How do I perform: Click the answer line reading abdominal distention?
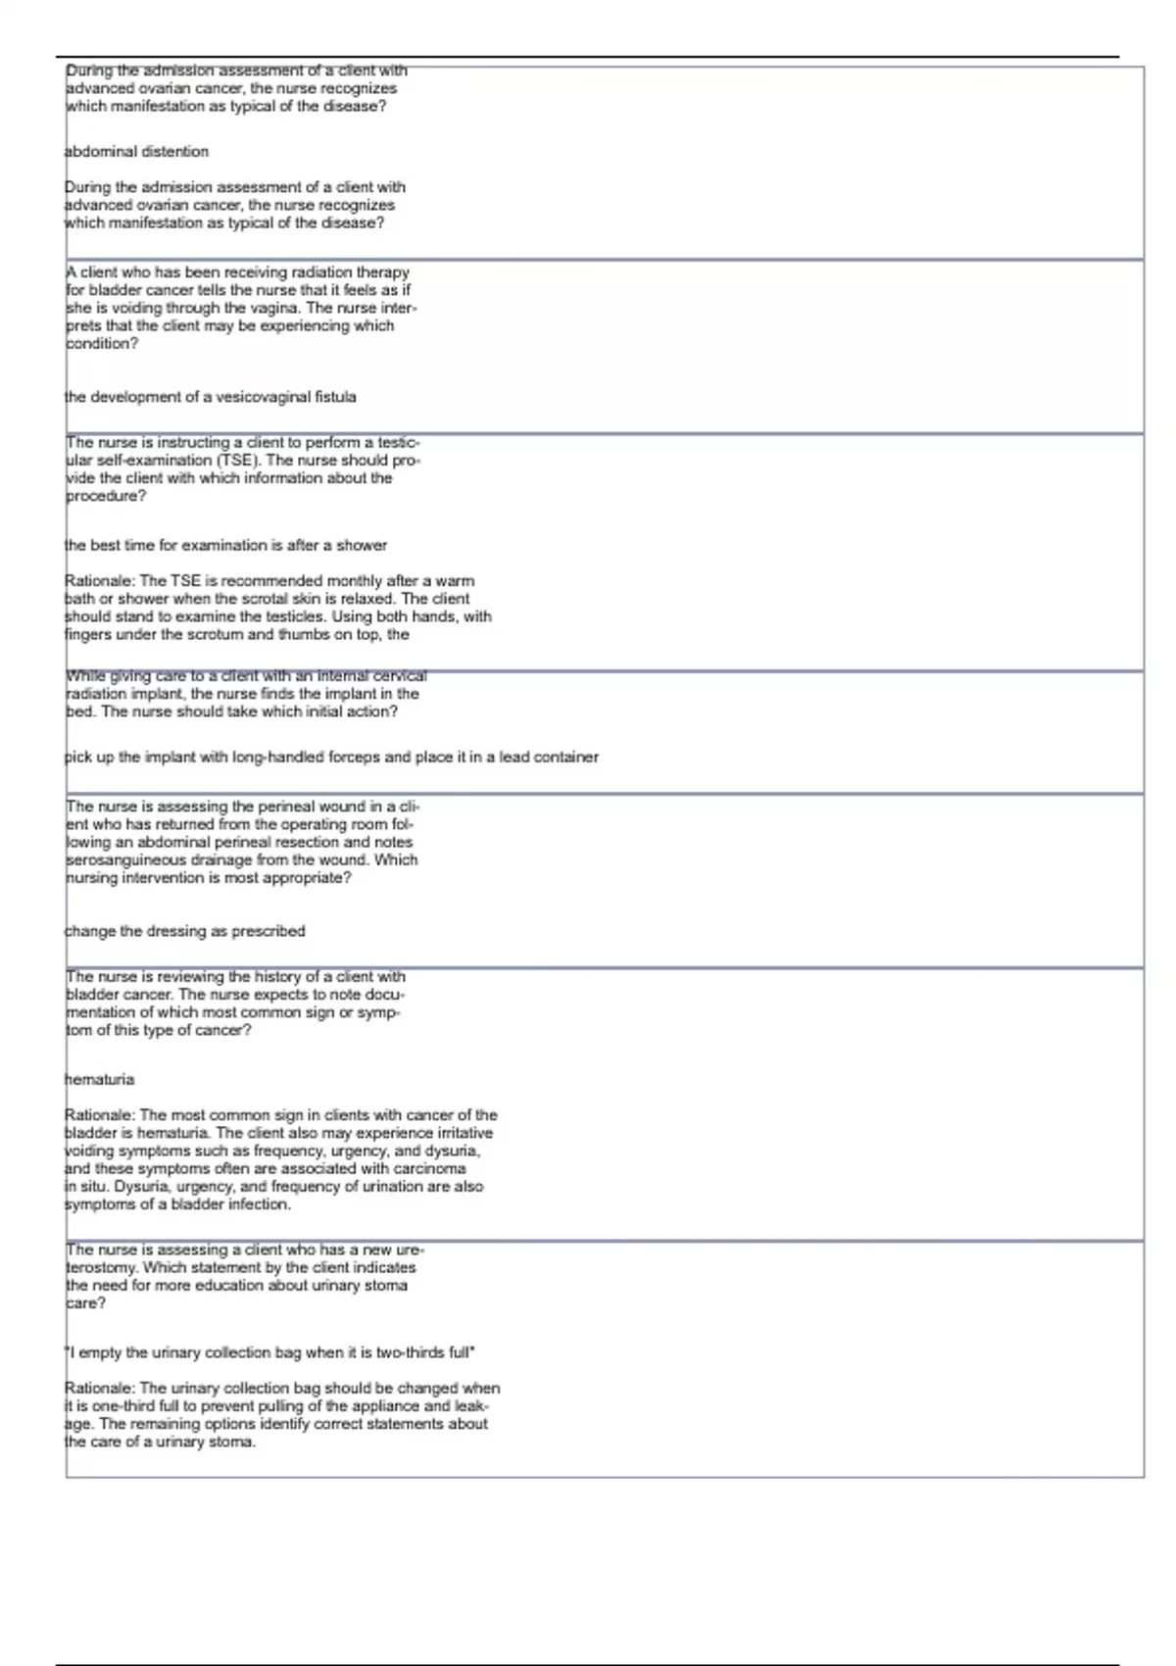136,152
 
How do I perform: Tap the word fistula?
335,397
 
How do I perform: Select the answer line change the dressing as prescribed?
184,931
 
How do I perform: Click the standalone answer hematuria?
99,1080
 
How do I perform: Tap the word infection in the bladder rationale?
259,1204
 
